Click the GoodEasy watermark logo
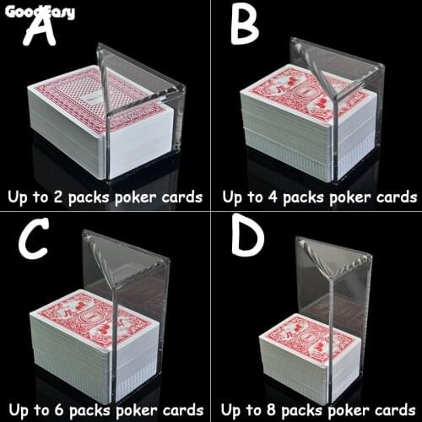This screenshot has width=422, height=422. coord(39,11)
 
